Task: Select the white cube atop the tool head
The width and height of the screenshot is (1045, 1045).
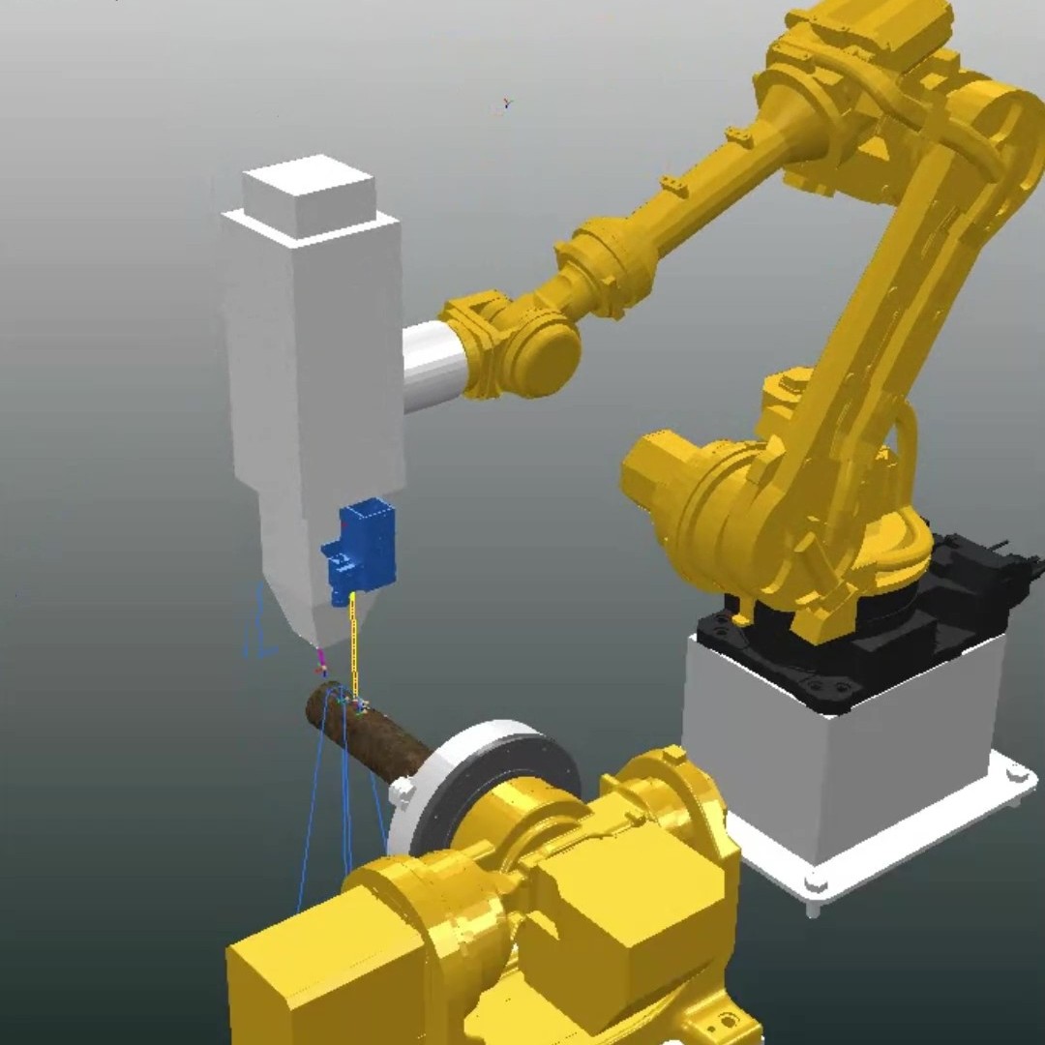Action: [308, 198]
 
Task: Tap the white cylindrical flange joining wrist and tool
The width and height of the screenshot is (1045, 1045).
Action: [433, 366]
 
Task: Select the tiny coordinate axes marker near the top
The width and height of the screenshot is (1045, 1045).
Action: [507, 103]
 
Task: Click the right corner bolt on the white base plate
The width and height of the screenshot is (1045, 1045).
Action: [1016, 772]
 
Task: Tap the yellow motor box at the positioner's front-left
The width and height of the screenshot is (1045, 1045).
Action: [300, 977]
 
